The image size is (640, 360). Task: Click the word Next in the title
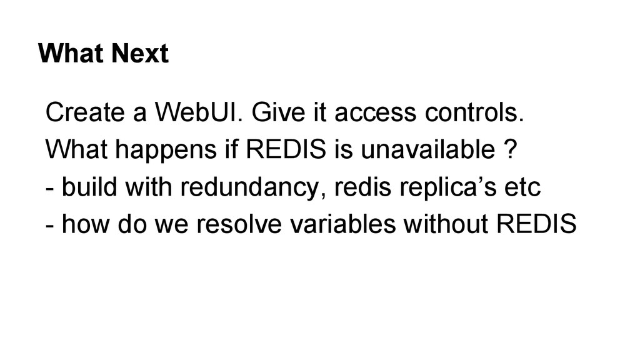pos(141,54)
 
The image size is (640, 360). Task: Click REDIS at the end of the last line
pos(536,224)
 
